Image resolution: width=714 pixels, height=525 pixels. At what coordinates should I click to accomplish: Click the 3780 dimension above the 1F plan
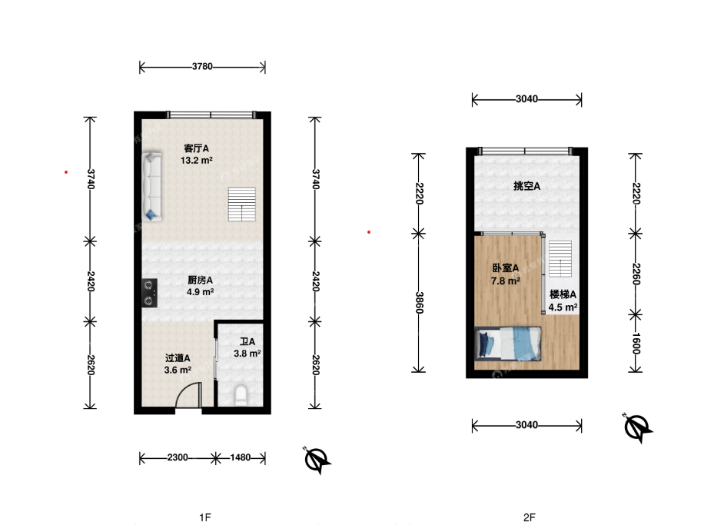tap(202, 66)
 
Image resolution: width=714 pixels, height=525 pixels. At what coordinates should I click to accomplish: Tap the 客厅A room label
tap(196, 148)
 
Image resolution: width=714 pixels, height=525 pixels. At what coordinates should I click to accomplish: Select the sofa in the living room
tap(151, 187)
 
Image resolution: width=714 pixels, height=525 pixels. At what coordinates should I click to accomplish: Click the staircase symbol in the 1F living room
tap(242, 204)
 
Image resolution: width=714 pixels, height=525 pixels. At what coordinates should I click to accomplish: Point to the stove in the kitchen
tap(150, 293)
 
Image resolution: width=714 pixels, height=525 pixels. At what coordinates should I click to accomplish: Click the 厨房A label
tap(201, 280)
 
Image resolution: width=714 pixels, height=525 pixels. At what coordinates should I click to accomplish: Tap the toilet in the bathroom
tap(241, 396)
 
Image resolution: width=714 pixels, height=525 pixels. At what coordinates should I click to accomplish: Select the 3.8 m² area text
tap(247, 354)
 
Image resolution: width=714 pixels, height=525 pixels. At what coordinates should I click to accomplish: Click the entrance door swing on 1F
tap(188, 394)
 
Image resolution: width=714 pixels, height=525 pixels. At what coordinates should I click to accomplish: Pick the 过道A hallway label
tap(178, 358)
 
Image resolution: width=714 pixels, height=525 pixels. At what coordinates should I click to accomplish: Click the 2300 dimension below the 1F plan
tap(177, 457)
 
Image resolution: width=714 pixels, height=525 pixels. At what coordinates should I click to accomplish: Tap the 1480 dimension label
tap(241, 457)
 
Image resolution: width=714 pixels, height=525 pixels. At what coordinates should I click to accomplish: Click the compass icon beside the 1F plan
tap(317, 460)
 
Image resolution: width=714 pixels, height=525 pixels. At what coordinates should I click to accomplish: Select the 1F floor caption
tap(205, 517)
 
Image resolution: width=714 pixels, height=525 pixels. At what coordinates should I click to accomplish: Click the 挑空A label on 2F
tap(526, 186)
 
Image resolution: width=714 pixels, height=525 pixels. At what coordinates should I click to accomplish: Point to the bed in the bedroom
tap(508, 344)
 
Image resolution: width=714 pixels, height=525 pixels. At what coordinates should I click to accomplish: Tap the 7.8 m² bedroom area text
tap(506, 281)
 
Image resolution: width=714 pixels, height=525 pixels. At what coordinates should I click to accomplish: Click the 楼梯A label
tap(563, 294)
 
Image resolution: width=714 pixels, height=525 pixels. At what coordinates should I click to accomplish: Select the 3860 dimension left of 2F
tap(420, 303)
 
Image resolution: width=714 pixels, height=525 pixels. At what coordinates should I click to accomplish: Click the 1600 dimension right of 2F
tap(636, 344)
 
